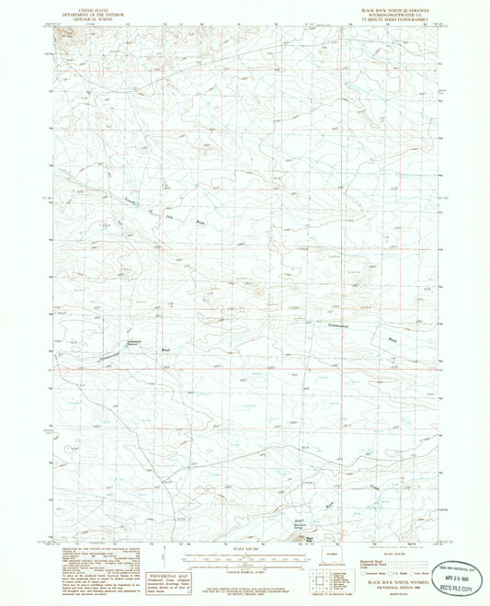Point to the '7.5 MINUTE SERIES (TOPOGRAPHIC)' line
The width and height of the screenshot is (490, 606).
[x=401, y=17]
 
